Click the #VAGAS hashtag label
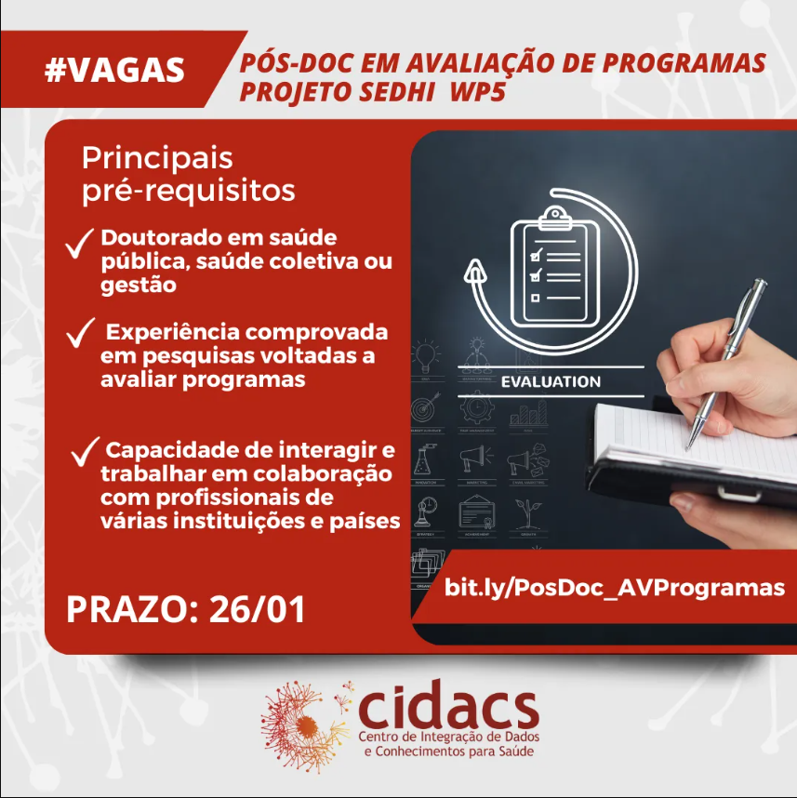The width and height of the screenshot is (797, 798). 115,70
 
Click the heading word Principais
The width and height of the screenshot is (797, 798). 157,158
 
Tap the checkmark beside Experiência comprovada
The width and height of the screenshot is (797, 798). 80,332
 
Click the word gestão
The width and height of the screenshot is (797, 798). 138,286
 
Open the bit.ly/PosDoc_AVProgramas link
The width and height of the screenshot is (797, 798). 615,588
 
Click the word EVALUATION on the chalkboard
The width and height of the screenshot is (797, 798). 551,381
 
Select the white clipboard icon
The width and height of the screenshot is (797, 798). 554,265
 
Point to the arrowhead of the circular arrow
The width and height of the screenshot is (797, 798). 476,273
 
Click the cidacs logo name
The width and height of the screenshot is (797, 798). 446,709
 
